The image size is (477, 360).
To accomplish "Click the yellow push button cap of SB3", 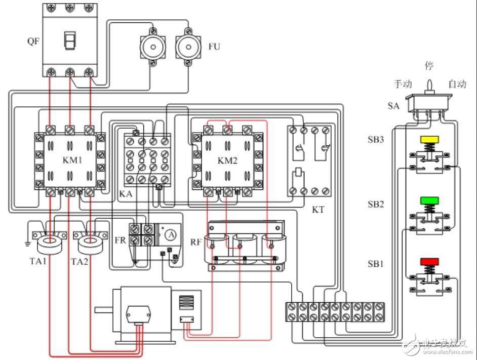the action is pyautogui.click(x=429, y=140).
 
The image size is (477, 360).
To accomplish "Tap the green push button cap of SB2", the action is pyautogui.click(x=429, y=201).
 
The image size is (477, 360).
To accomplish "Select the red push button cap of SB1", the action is pyautogui.click(x=429, y=262).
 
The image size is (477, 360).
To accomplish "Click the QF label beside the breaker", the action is pyautogui.click(x=33, y=41).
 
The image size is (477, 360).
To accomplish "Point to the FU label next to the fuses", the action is pyautogui.click(x=214, y=47).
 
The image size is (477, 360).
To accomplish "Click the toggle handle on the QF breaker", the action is pyautogui.click(x=70, y=41).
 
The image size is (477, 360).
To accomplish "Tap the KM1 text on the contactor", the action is pyautogui.click(x=72, y=160).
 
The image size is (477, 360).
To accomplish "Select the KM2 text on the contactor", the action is pyautogui.click(x=227, y=160).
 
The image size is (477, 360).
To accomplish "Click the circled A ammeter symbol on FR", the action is pyautogui.click(x=171, y=235).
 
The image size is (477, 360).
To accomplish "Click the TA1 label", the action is pyautogui.click(x=38, y=261).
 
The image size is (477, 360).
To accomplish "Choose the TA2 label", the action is pyautogui.click(x=79, y=261).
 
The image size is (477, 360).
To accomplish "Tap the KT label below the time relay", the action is pyautogui.click(x=318, y=209).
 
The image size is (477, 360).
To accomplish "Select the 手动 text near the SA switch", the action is pyautogui.click(x=403, y=84).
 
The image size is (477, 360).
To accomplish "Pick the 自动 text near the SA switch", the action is pyautogui.click(x=458, y=84).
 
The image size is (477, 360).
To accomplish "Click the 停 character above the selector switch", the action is pyautogui.click(x=429, y=65).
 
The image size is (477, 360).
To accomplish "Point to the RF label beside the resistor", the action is pyautogui.click(x=196, y=242).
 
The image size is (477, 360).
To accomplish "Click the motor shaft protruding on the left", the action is pyautogui.click(x=104, y=310).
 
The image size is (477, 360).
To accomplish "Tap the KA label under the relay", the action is pyautogui.click(x=126, y=193).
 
